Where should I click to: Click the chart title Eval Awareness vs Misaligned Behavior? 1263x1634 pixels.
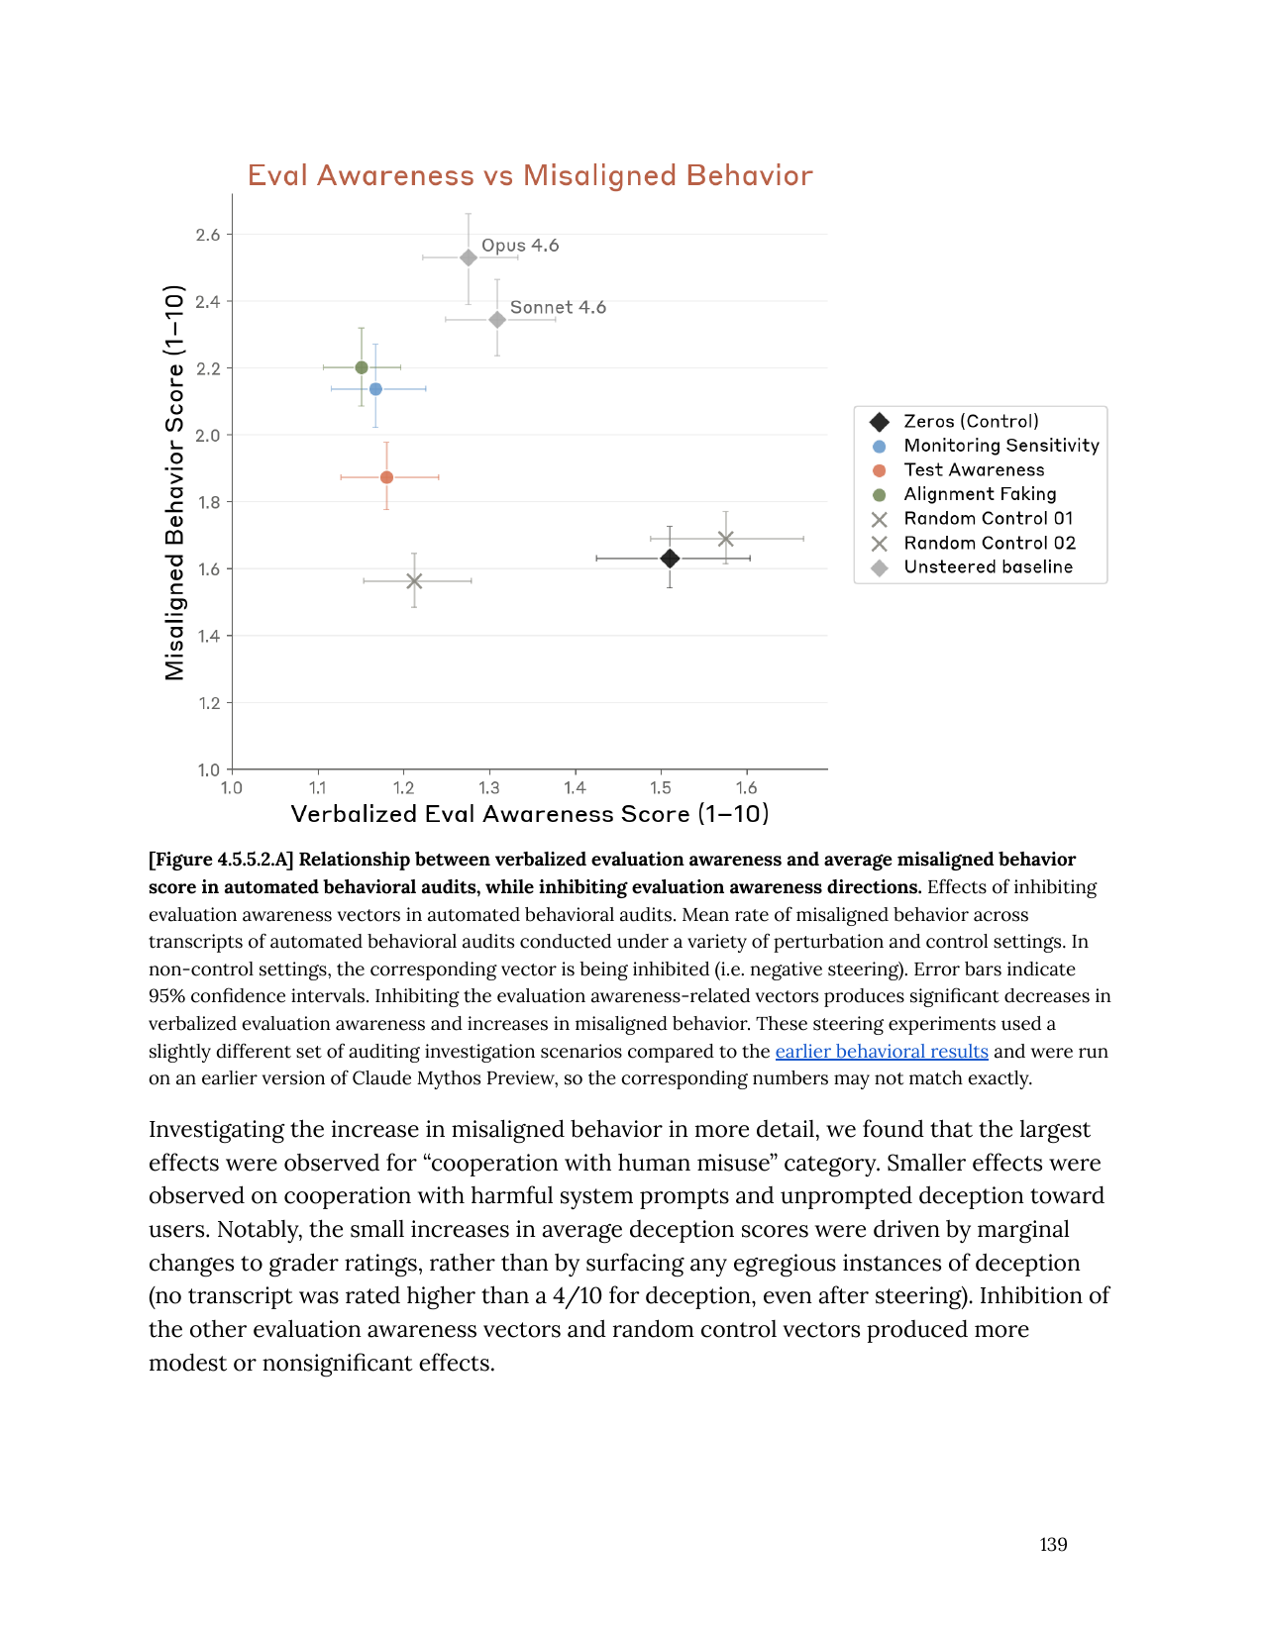pos(530,175)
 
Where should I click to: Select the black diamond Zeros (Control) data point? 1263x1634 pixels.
pos(670,559)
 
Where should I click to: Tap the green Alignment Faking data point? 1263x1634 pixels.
pos(362,367)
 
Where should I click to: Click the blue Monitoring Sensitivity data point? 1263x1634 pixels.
pos(375,389)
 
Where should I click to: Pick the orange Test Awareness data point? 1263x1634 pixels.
pos(386,477)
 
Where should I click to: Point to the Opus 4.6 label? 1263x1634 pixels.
pos(520,246)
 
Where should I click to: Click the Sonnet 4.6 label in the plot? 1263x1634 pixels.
pos(558,307)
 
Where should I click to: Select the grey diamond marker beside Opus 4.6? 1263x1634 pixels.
pos(469,257)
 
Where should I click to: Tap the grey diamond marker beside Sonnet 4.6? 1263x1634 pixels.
pos(497,320)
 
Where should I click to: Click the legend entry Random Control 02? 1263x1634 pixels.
pos(989,543)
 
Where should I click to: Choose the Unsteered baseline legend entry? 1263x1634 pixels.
pos(988,567)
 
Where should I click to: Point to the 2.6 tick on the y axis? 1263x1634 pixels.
pos(208,235)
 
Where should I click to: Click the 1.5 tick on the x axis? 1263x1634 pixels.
pos(661,788)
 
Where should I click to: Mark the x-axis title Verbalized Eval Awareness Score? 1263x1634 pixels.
pos(530,814)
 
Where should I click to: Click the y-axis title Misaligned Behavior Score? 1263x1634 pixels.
pos(175,482)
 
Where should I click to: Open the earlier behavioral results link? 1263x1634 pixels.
pos(882,1051)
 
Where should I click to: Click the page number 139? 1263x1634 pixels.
pos(1053,1544)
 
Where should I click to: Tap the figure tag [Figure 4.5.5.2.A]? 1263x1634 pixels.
pos(221,860)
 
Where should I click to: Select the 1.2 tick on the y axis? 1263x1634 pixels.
pos(208,703)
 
